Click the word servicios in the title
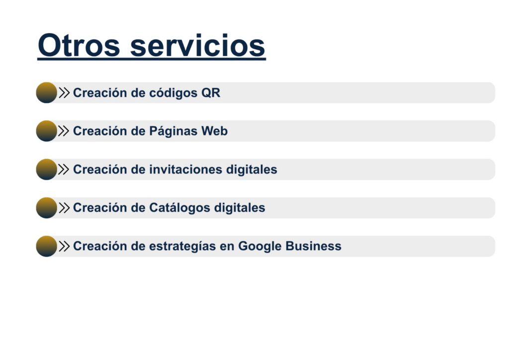click(198, 45)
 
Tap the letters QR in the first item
click(211, 93)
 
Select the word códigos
click(173, 93)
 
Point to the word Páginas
click(173, 131)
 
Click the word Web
click(214, 131)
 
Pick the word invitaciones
click(186, 170)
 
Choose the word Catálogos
click(179, 208)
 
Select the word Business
click(313, 246)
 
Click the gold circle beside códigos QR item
click(46, 92)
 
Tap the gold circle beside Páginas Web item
click(46, 131)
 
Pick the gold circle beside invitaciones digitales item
click(46, 169)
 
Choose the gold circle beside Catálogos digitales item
click(46, 208)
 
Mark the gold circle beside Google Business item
click(46, 246)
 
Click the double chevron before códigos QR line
click(64, 93)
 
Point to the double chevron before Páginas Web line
click(64, 131)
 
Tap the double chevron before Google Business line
click(64, 246)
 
